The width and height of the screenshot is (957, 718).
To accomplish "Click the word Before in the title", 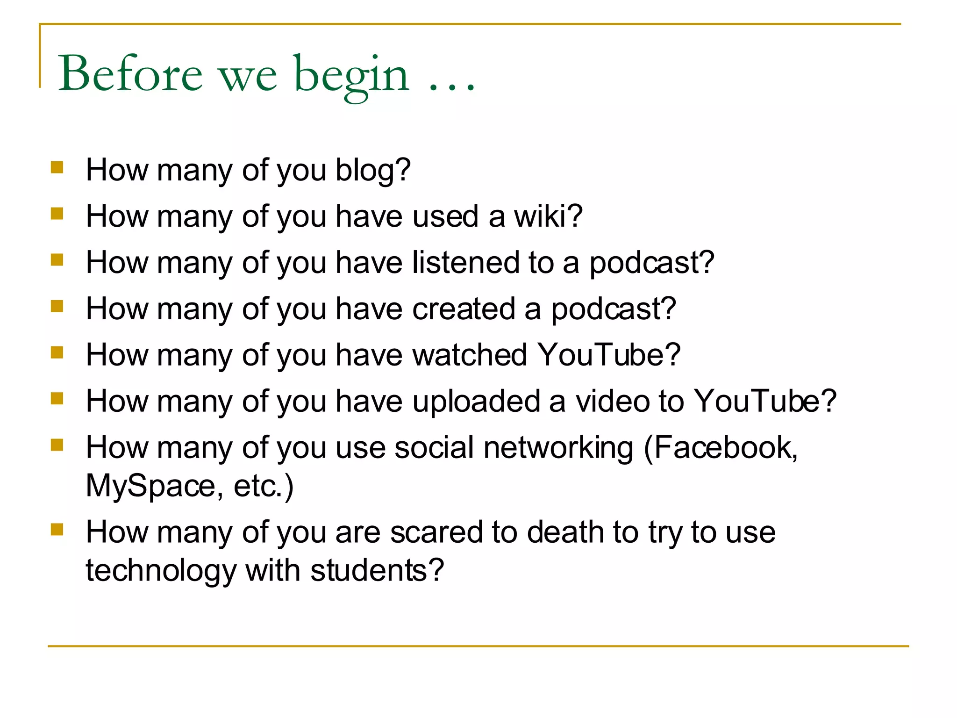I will pos(130,73).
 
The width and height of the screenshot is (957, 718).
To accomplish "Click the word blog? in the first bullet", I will pos(373,170).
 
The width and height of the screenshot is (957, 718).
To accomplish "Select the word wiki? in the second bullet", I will pos(548,216).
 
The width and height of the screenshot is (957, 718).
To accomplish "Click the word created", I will pos(463,309).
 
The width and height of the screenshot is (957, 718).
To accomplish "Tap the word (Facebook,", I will pos(721,448).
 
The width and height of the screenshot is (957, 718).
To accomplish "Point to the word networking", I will pos(558,448).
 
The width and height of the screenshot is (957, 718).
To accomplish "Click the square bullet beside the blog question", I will pos(57,167).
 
